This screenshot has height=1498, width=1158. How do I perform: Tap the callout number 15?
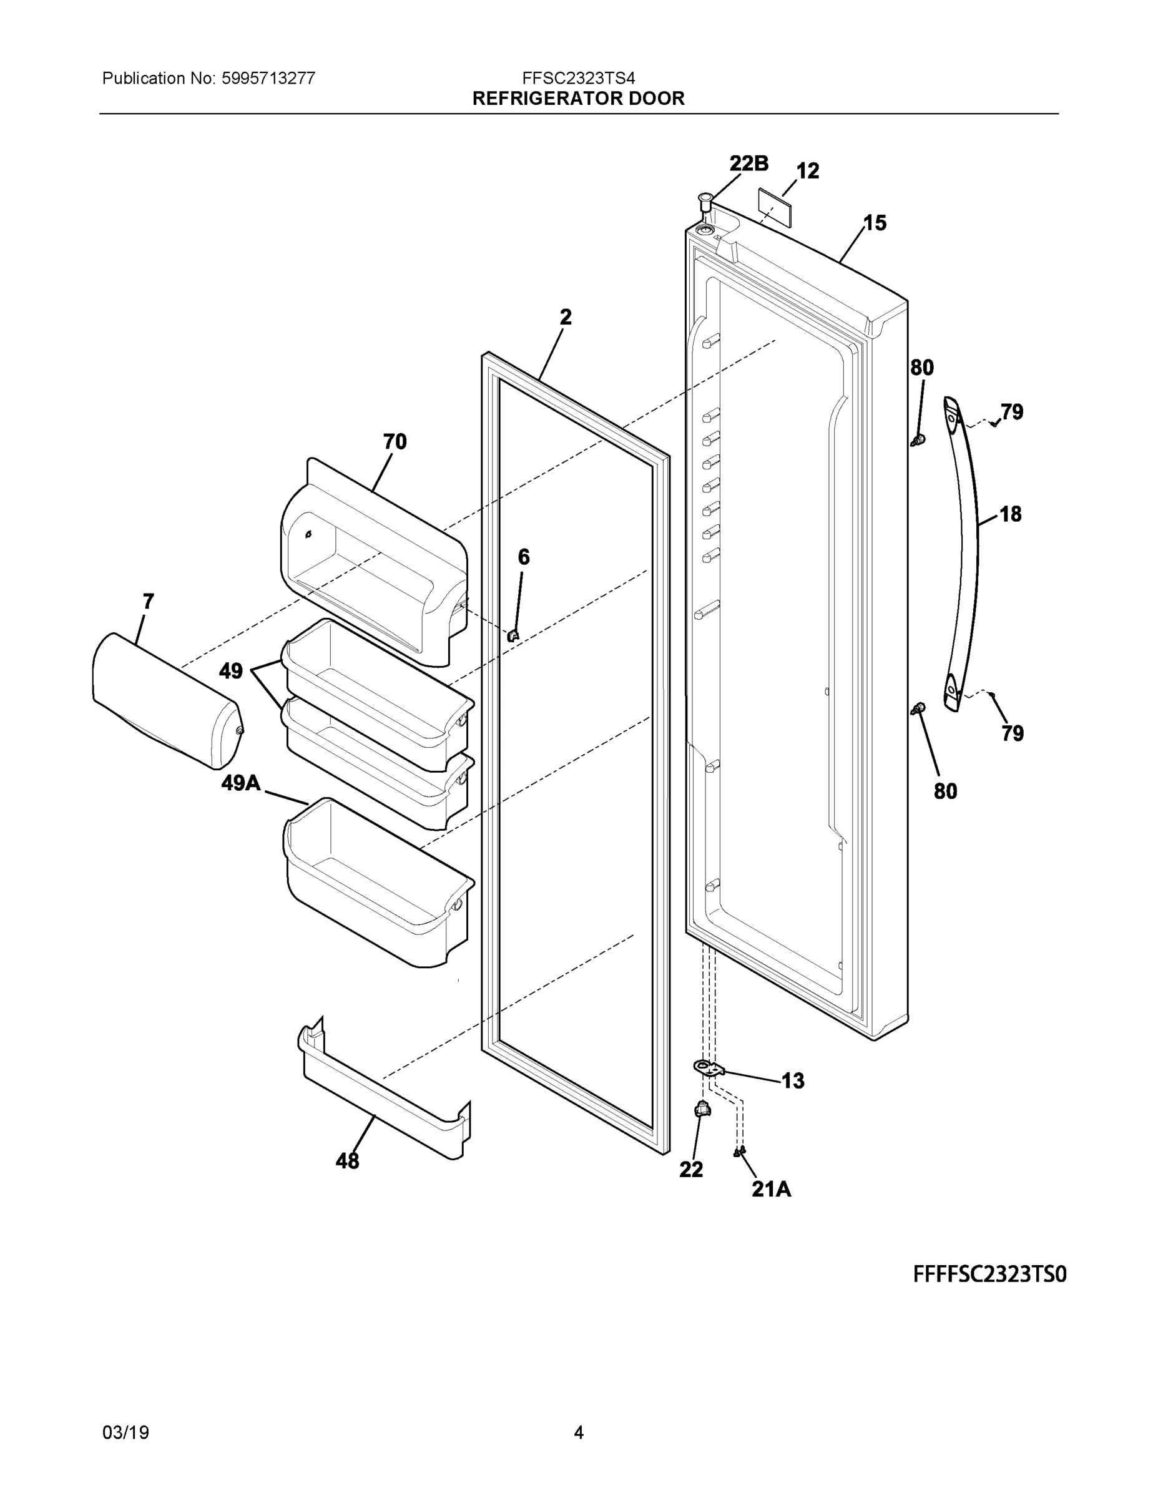tap(875, 223)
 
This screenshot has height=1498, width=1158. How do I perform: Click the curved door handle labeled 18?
tap(966, 549)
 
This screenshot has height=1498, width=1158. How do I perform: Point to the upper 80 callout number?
tap(922, 368)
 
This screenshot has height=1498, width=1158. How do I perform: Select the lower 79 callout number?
tap(1012, 734)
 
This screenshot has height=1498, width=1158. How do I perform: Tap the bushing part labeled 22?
tap(701, 1109)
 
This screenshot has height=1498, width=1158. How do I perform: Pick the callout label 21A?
tap(771, 1189)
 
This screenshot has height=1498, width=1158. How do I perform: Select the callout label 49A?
tap(241, 783)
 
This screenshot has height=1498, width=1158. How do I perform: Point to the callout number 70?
tap(395, 442)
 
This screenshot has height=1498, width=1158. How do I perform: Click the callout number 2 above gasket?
tap(566, 317)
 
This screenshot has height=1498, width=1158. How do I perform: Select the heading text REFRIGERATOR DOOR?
tap(578, 99)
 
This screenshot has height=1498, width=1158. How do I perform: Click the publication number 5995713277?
tap(268, 78)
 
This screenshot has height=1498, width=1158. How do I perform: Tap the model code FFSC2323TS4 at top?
tap(578, 78)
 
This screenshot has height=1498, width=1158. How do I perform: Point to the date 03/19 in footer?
tap(125, 1432)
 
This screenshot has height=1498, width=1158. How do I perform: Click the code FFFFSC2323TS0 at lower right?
tap(989, 1275)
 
